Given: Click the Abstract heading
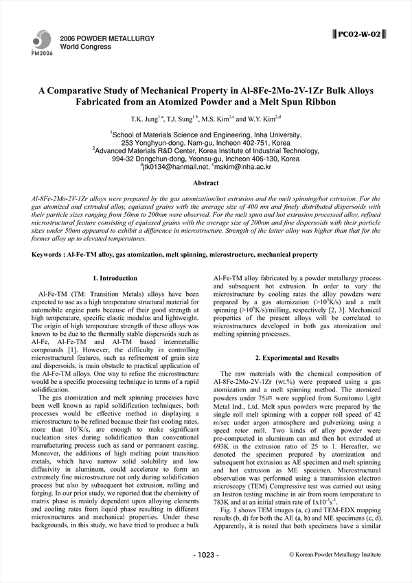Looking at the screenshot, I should (206, 183).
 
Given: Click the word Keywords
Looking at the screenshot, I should (47, 254).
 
